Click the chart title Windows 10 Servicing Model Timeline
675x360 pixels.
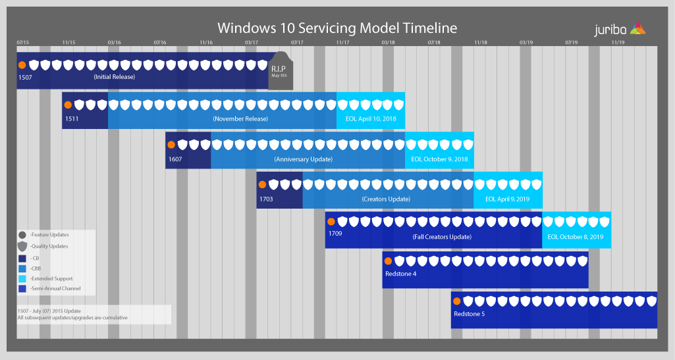337,28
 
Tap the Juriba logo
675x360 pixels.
620,28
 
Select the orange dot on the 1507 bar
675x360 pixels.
22,65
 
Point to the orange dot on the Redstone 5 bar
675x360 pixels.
457,301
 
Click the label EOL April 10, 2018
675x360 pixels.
371,119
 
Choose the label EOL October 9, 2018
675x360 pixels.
439,159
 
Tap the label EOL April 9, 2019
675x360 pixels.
508,199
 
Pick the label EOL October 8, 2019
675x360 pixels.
576,237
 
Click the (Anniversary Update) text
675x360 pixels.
303,159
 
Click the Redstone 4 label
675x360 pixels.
400,274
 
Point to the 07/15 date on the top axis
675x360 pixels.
23,43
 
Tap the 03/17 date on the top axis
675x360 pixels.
251,43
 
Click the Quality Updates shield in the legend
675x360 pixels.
22,246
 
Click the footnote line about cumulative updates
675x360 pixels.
72,318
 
